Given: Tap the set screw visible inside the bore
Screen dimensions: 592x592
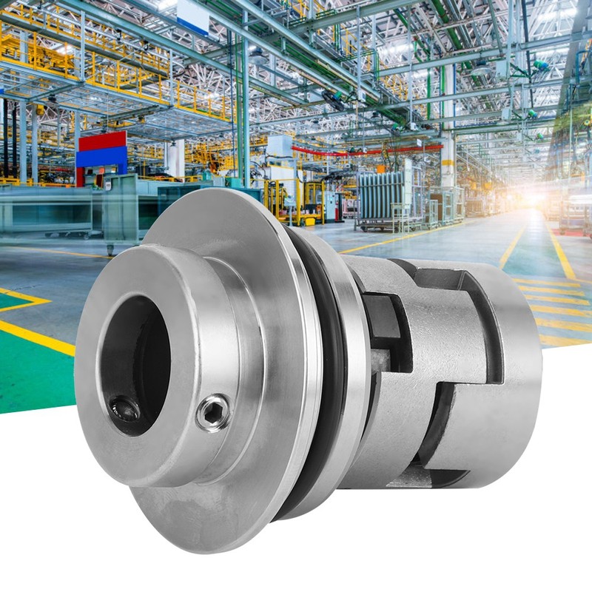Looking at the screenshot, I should [124, 408].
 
